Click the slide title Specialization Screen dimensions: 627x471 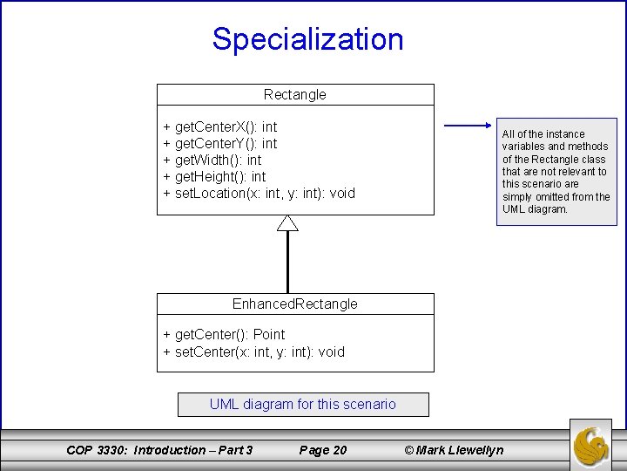(307, 39)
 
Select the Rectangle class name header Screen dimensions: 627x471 (295, 94)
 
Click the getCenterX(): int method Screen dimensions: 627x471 (220, 127)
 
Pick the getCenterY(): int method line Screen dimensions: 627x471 (220, 144)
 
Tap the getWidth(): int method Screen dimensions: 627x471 (212, 160)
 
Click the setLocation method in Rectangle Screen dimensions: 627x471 (260, 194)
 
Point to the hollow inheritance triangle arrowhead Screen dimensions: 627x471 (287, 223)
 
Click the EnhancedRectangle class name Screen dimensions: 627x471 (295, 304)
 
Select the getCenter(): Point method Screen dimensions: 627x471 (224, 335)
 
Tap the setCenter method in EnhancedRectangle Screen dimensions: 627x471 (254, 352)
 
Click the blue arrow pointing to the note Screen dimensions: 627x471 (469, 126)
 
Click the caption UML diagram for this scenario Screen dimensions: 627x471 (303, 405)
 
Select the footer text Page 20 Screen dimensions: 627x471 (322, 450)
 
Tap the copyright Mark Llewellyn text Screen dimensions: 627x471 (454, 450)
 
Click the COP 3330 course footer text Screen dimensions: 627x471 (159, 450)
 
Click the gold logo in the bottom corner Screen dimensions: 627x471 (590, 445)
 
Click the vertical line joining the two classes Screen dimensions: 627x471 (287, 262)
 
